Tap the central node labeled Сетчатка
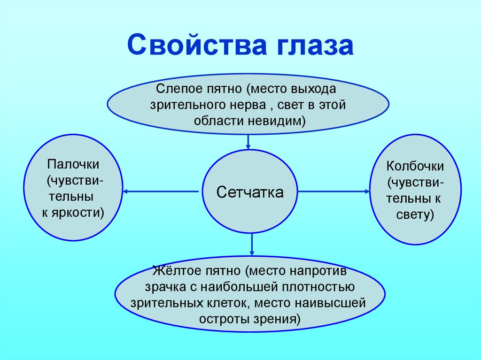250,192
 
